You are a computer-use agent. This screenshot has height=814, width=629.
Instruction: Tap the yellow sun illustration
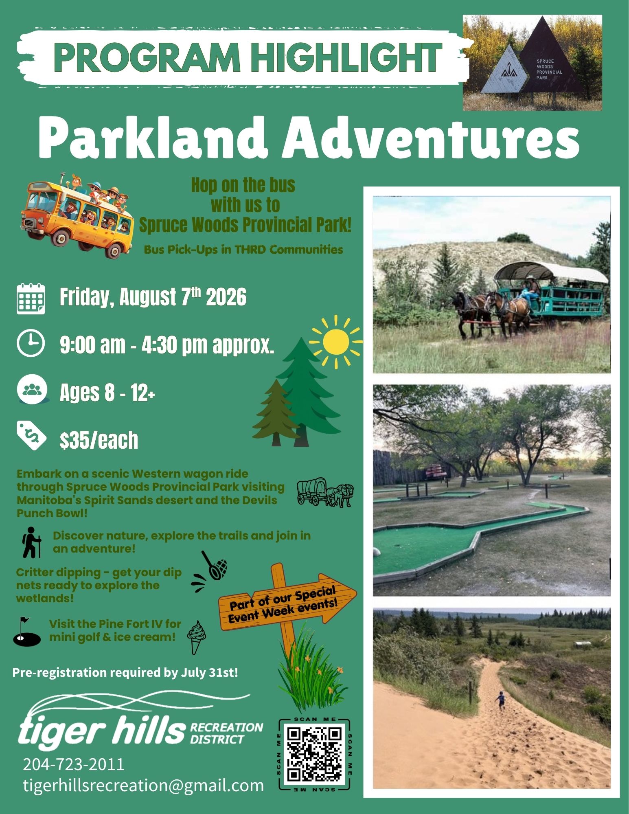[x=336, y=341]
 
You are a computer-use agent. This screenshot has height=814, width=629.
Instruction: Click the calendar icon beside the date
[x=31, y=298]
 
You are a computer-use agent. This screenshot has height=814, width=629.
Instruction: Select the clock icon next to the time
[x=31, y=343]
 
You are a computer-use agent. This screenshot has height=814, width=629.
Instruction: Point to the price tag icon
[x=31, y=436]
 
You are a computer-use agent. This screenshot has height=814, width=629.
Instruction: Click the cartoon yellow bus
[x=77, y=215]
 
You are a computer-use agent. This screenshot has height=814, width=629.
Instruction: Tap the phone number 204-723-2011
[x=74, y=764]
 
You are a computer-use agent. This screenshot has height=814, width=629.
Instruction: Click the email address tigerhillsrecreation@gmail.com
[x=143, y=785]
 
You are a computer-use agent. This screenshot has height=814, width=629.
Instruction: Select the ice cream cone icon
[x=196, y=638]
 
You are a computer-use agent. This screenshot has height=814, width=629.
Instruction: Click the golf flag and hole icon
[x=26, y=632]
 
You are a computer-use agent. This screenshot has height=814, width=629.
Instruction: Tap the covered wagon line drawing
[x=325, y=492]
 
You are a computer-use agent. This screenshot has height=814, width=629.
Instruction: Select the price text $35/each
[x=99, y=440]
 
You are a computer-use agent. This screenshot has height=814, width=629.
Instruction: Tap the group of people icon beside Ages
[x=32, y=390]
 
